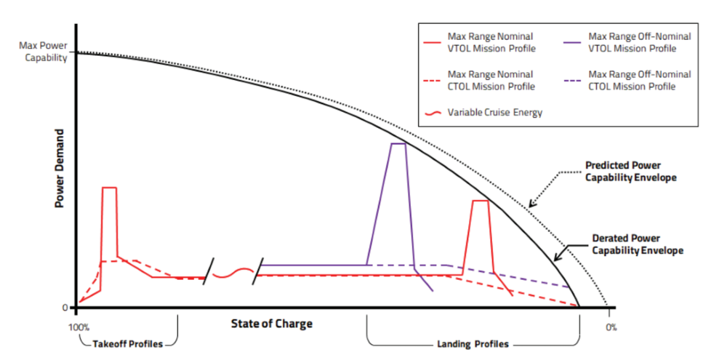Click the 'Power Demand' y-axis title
[62, 169]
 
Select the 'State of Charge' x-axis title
[271, 323]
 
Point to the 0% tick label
[611, 327]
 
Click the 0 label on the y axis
[65, 308]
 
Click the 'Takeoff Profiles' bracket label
[127, 343]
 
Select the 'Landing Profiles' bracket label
[473, 343]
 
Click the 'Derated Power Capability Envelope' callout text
[637, 244]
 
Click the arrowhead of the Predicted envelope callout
[531, 206]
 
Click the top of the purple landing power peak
[398, 144]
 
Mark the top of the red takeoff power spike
[109, 188]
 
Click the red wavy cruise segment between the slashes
[233, 273]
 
